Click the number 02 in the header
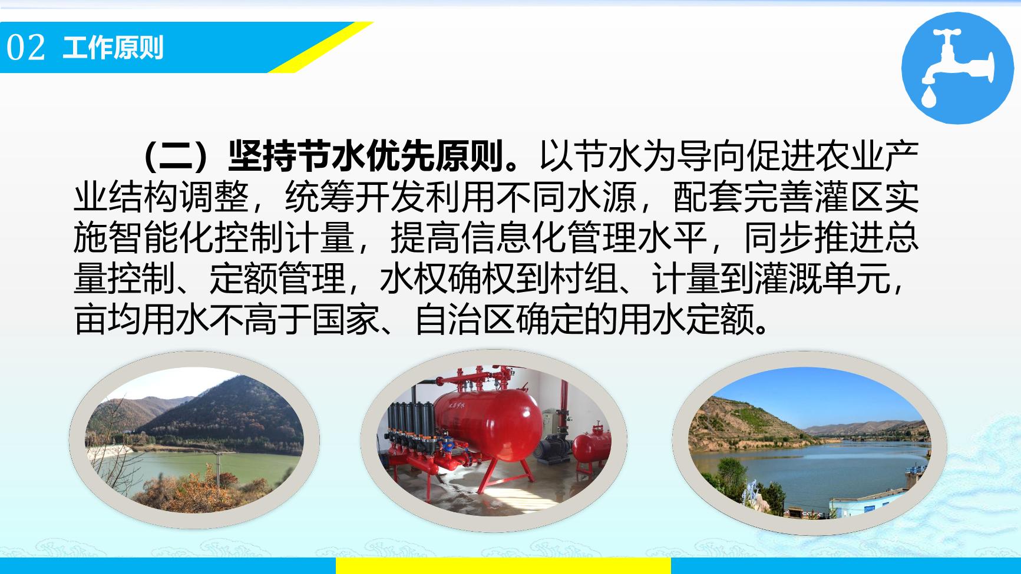(26, 48)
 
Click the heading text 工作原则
(113, 48)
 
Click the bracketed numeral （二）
(185, 154)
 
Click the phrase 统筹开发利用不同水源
(460, 195)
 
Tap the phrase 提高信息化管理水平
(549, 237)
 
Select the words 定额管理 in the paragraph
(277, 278)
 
